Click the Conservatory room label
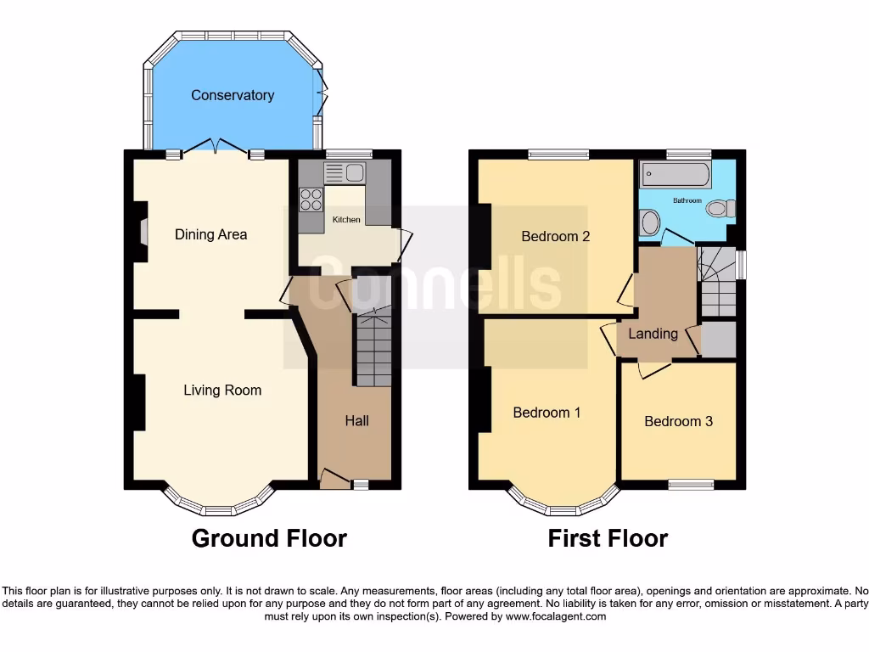[x=233, y=95]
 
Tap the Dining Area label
[x=210, y=234]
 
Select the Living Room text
[x=222, y=391]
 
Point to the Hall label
[x=356, y=420]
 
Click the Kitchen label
[x=346, y=220]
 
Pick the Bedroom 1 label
[x=547, y=413]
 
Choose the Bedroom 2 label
[x=555, y=236]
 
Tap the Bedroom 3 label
[x=678, y=421]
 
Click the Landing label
[x=653, y=334]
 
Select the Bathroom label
[x=687, y=200]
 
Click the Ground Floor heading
[x=269, y=538]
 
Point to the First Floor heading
[x=608, y=538]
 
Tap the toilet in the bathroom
[x=720, y=207]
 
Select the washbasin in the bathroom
[x=650, y=223]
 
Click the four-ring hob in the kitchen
[x=311, y=199]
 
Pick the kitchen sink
[x=345, y=173]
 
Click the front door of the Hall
[x=334, y=480]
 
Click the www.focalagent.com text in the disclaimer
[x=556, y=616]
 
